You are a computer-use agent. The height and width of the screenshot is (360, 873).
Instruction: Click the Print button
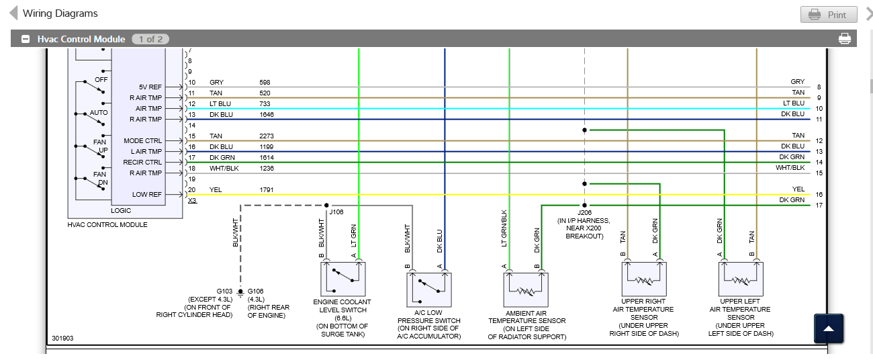pyautogui.click(x=829, y=14)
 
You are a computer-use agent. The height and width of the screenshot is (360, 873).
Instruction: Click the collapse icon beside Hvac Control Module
pyautogui.click(x=26, y=39)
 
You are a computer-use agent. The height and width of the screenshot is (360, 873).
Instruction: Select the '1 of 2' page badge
pyautogui.click(x=150, y=39)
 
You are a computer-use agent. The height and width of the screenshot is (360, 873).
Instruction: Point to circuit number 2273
pyautogui.click(x=267, y=136)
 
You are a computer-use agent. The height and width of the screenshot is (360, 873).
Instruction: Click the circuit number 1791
pyautogui.click(x=267, y=189)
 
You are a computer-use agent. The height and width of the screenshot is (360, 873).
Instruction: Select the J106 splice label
pyautogui.click(x=336, y=212)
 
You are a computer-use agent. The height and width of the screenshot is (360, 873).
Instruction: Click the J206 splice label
pyautogui.click(x=584, y=212)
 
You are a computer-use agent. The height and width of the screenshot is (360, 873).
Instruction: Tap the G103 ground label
pyautogui.click(x=224, y=291)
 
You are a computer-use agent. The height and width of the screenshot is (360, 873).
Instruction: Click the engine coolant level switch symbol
pyautogui.click(x=342, y=279)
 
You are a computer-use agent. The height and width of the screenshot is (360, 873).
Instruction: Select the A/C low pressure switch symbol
pyautogui.click(x=428, y=290)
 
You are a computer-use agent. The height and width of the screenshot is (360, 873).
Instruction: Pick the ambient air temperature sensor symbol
pyautogui.click(x=526, y=290)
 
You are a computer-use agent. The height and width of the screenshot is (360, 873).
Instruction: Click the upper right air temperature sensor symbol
pyautogui.click(x=644, y=279)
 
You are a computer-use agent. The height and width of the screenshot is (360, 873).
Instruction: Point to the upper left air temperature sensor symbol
pyautogui.click(x=741, y=279)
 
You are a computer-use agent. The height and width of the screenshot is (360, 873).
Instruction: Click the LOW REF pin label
pyautogui.click(x=147, y=195)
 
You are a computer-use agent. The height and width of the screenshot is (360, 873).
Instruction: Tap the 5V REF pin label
pyautogui.click(x=150, y=87)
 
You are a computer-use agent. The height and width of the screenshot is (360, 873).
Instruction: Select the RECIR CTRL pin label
pyautogui.click(x=142, y=163)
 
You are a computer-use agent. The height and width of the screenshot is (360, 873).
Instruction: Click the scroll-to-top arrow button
pyautogui.click(x=829, y=328)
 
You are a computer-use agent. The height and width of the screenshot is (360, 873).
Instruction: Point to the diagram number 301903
pyautogui.click(x=62, y=338)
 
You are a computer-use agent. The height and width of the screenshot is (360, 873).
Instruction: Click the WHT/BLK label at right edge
pyautogui.click(x=790, y=167)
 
